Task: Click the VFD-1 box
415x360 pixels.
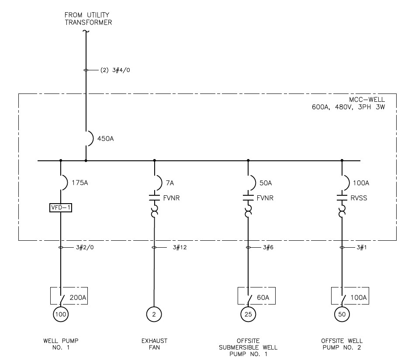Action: pos(61,208)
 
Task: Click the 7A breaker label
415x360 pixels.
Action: pos(169,183)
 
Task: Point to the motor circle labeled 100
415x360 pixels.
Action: pos(61,314)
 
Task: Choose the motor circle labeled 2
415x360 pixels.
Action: pos(154,314)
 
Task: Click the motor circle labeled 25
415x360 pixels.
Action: pos(248,314)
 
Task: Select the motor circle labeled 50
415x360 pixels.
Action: pos(342,314)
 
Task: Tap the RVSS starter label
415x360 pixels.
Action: pos(359,198)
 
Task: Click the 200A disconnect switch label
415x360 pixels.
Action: pos(79,298)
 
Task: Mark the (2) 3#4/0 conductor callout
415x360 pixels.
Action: pos(112,70)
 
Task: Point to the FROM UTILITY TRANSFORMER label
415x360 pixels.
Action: pos(88,19)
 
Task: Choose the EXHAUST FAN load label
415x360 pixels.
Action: pos(154,344)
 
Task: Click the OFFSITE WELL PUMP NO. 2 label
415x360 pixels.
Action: pos(342,344)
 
